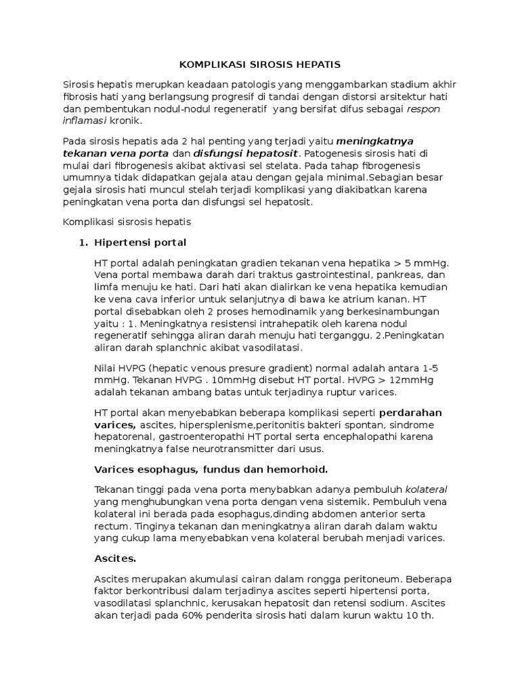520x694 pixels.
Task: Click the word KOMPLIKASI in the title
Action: point(207,65)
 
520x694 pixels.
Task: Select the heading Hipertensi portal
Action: point(141,242)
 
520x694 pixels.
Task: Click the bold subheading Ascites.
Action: point(114,559)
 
